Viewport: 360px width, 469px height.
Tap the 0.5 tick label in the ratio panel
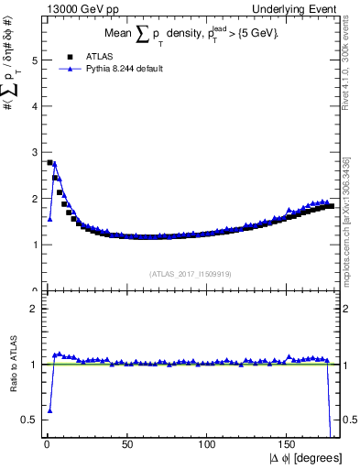[x=28, y=420]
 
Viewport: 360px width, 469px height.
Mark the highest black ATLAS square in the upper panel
[x=49, y=163]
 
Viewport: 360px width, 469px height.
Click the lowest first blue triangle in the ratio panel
[x=49, y=410]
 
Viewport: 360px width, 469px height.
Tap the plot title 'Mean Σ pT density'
[x=192, y=34]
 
